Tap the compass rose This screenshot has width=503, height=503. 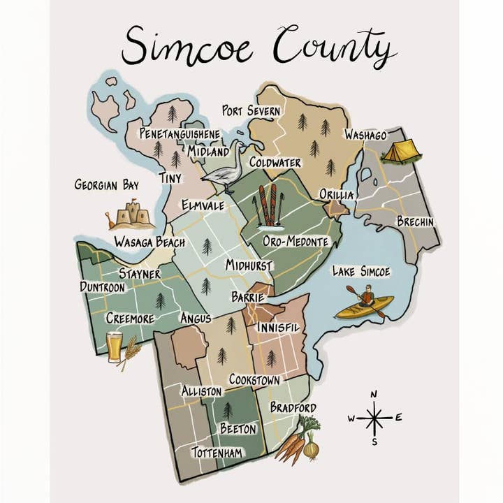(x=374, y=418)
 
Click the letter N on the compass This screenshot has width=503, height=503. (x=374, y=395)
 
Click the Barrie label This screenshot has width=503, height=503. (x=247, y=298)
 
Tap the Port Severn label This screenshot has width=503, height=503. (x=251, y=111)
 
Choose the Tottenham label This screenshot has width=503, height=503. (x=217, y=453)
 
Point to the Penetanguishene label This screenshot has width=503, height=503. (x=180, y=133)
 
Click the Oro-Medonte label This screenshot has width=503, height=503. (x=296, y=241)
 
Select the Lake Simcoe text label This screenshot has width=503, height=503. (x=360, y=270)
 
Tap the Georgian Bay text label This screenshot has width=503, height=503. (x=106, y=185)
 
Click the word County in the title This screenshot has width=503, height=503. (x=335, y=48)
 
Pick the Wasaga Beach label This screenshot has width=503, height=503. (x=150, y=242)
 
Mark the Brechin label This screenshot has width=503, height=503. (x=415, y=221)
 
